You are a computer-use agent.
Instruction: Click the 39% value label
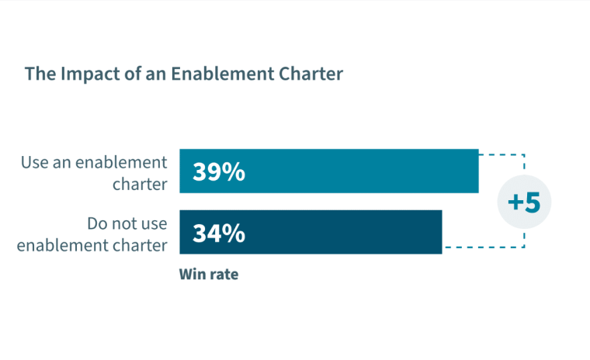point(219,171)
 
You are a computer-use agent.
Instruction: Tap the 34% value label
point(219,233)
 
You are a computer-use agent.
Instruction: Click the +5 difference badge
point(523,202)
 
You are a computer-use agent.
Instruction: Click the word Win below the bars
point(192,274)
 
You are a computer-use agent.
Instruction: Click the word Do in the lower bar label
point(98,225)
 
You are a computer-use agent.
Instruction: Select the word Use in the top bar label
point(34,163)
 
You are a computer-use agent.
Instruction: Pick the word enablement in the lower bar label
point(63,245)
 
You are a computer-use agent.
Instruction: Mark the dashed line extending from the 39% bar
point(503,155)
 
